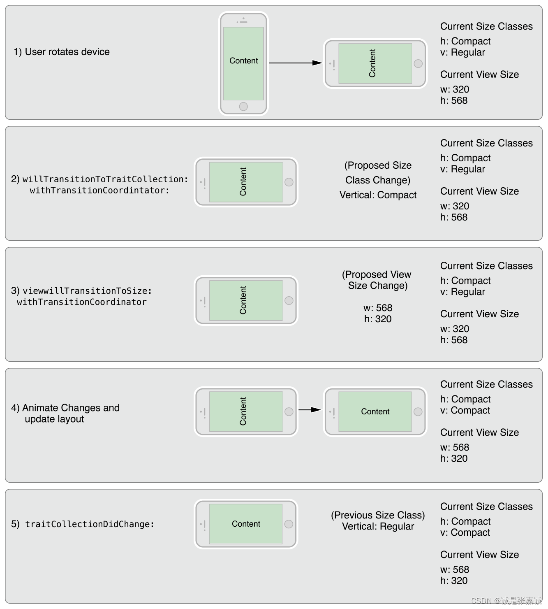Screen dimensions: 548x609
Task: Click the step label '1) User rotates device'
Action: tap(62, 52)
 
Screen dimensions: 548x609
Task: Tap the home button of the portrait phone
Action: tap(243, 107)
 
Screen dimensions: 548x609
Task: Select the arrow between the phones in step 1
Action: tap(295, 63)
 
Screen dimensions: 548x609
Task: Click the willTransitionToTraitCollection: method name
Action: tap(105, 179)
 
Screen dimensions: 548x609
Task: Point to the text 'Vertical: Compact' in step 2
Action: tap(378, 195)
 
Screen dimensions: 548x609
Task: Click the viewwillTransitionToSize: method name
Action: tap(87, 291)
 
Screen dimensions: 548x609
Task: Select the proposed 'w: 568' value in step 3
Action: tap(378, 308)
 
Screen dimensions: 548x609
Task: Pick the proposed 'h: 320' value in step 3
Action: tap(378, 319)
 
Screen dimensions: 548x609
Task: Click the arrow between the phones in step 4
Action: tap(310, 410)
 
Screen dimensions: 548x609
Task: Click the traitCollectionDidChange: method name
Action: tap(90, 524)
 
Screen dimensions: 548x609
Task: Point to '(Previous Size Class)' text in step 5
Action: tap(378, 515)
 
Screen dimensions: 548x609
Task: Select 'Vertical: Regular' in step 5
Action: tap(378, 526)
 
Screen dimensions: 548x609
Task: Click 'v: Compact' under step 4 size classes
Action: tap(465, 410)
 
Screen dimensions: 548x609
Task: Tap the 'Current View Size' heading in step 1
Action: tap(479, 74)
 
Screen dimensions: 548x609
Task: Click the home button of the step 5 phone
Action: tap(289, 524)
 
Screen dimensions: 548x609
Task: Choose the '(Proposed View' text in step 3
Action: tap(377, 274)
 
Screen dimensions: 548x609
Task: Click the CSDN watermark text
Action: tap(506, 601)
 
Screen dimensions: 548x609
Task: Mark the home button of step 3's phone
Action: tap(289, 300)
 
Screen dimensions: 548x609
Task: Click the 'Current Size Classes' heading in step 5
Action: tap(486, 507)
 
